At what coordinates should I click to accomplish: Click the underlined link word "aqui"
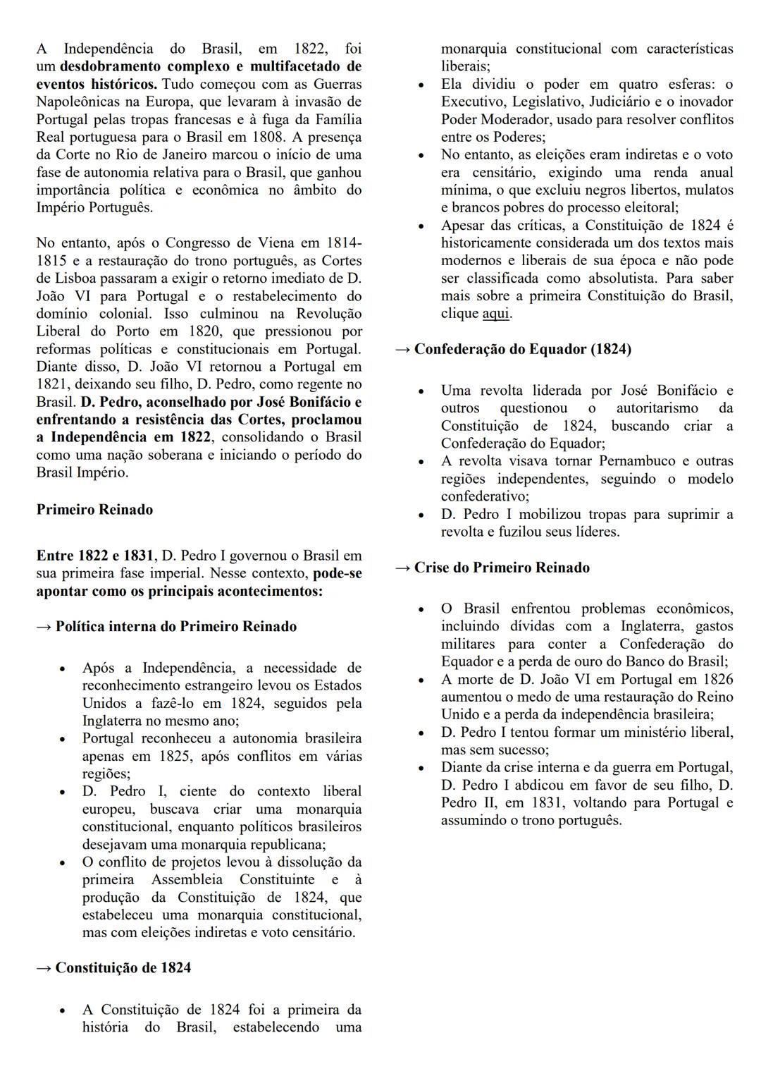pyautogui.click(x=495, y=314)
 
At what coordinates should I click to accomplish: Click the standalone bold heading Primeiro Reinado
pyautogui.click(x=94, y=510)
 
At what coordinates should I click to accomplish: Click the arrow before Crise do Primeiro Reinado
pyautogui.click(x=402, y=568)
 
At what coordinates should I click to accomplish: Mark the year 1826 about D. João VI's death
pyautogui.click(x=717, y=679)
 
